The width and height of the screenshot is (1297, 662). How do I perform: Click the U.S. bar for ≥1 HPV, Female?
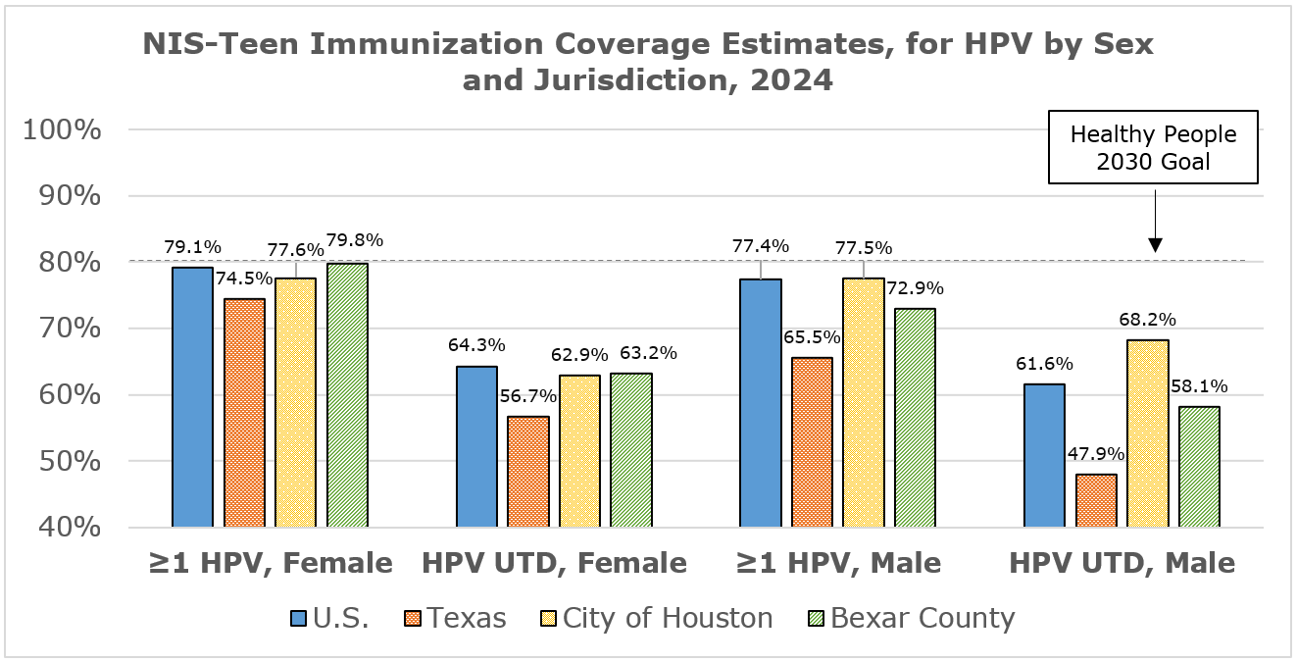coord(192,397)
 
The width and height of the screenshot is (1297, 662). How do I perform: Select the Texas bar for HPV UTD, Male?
coord(1096,501)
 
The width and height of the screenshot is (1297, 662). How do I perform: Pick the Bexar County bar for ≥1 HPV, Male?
coord(915,418)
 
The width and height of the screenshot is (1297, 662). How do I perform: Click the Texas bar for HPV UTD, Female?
coord(528,472)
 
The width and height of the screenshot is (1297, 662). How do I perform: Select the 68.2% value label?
coord(1147,319)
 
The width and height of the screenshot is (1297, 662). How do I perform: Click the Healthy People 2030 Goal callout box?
coord(1153,147)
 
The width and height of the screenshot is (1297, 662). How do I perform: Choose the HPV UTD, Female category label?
coord(554,563)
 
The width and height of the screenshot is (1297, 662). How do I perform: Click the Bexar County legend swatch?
coord(815,618)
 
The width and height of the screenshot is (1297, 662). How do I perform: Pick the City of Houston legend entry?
coord(657,618)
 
